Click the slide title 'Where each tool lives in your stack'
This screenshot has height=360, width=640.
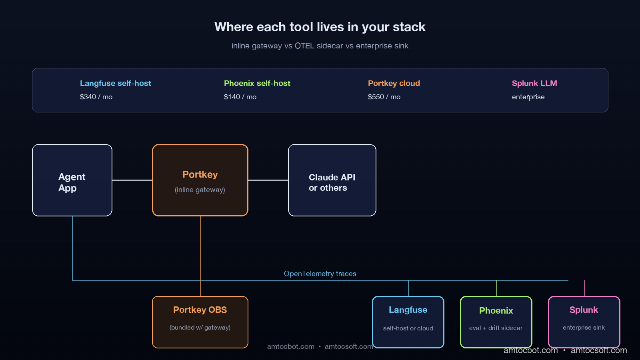320,27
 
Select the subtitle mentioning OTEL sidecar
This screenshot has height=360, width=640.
320,46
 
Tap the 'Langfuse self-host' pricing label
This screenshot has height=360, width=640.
116,83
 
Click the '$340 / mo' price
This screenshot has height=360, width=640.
96,97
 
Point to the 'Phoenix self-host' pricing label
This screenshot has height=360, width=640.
257,83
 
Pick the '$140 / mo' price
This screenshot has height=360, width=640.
240,97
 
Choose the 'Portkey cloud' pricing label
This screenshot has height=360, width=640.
394,83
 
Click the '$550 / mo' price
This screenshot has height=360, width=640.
384,97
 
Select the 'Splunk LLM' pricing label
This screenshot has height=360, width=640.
534,83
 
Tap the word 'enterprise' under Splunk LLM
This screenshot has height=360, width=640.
528,97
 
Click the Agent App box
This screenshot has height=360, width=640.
72,180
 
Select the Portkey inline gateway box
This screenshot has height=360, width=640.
200,180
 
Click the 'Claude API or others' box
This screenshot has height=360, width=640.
332,180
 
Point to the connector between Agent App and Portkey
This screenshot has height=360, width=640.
132,180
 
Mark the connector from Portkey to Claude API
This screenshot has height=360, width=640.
268,180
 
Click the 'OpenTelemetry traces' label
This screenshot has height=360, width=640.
320,274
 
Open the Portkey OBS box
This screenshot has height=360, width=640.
200,322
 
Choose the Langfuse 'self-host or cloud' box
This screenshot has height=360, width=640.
408,322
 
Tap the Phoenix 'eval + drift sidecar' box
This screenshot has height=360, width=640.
496,322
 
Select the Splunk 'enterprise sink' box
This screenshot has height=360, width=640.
584,322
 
